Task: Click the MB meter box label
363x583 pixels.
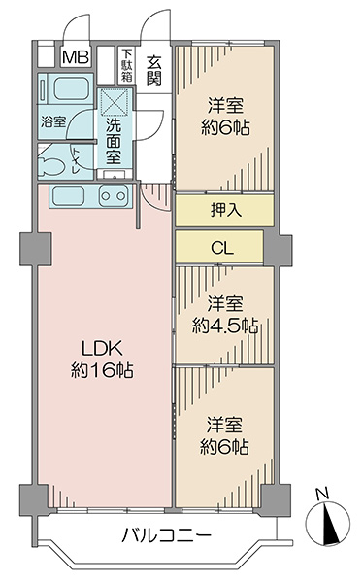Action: (x=76, y=57)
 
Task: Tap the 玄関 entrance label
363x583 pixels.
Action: (x=153, y=70)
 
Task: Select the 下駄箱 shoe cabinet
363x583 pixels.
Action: (x=127, y=65)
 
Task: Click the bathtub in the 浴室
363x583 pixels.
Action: (x=71, y=87)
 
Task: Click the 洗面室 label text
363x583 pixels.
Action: (x=114, y=142)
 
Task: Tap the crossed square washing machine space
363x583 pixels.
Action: (x=115, y=102)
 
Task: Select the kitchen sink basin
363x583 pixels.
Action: (x=68, y=195)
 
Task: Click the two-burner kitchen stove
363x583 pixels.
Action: (x=114, y=195)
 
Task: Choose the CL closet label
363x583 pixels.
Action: (x=222, y=247)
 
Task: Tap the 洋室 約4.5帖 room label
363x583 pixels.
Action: (x=225, y=315)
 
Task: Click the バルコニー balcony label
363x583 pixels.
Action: (x=167, y=535)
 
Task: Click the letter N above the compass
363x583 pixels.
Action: (x=322, y=494)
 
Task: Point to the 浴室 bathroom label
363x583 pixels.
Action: (x=53, y=121)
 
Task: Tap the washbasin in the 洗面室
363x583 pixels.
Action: (x=115, y=175)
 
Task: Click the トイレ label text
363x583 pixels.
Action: (x=76, y=160)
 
